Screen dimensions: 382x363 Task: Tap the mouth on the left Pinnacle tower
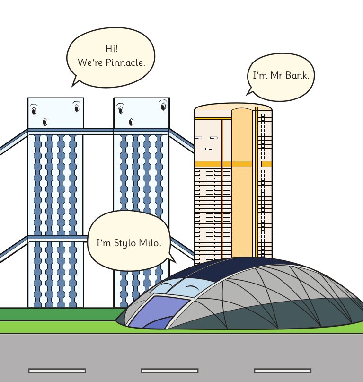[45, 122]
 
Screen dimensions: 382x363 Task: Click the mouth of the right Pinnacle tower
[131, 122]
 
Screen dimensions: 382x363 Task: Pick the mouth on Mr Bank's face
[208, 149]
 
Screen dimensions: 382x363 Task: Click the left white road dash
[57, 371]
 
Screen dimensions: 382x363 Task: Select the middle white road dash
[169, 371]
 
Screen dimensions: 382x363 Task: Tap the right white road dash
[283, 371]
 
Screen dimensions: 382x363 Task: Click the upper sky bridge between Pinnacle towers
[98, 130]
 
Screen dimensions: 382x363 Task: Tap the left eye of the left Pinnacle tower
[34, 111]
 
